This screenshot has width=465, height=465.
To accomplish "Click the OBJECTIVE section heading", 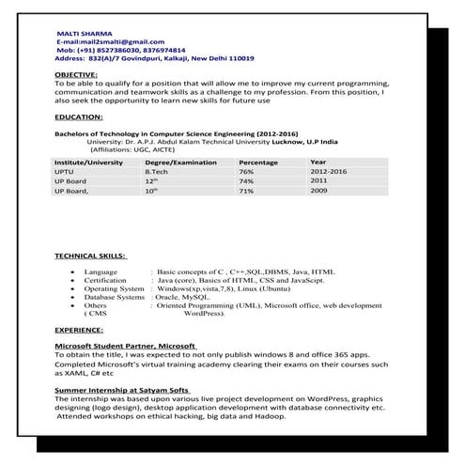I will (75, 73).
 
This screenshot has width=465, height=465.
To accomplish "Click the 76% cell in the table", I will (246, 172).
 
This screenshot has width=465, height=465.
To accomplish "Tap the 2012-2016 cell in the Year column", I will (328, 172).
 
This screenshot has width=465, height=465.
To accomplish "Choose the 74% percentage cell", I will (246, 181).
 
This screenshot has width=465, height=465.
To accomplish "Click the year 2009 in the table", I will (318, 191).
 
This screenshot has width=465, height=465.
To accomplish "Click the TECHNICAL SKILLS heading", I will (91, 256).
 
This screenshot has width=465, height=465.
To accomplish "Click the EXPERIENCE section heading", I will (79, 332).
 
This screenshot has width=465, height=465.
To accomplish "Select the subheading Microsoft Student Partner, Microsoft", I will (125, 347).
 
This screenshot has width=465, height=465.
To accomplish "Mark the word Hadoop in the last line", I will (267, 416).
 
